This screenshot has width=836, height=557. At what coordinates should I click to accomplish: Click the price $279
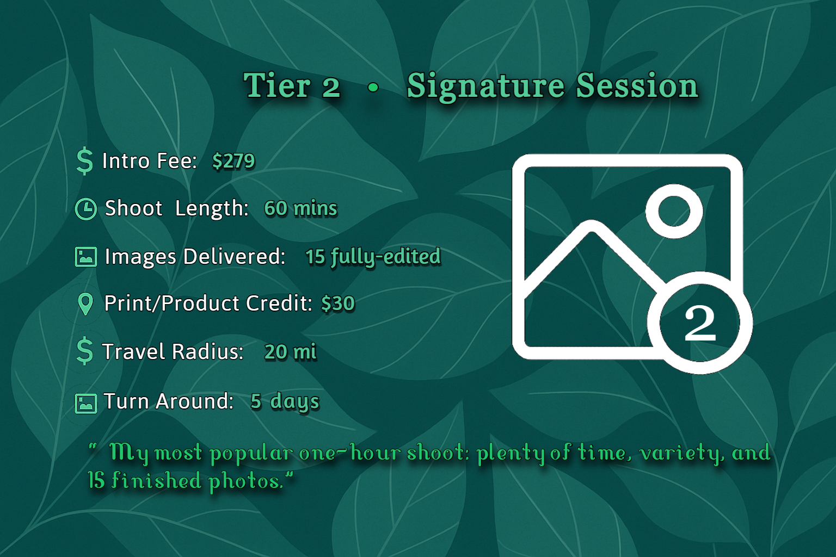point(233,161)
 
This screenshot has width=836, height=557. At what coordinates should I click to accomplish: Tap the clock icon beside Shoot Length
point(85,209)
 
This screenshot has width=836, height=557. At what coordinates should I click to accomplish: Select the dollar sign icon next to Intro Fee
point(84,161)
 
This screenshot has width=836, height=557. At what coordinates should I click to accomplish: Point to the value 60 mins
point(300,208)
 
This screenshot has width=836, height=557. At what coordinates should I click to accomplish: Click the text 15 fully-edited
point(373,257)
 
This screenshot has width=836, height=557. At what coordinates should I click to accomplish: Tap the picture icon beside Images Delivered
point(85,257)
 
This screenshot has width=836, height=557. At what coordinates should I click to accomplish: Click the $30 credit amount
point(338,304)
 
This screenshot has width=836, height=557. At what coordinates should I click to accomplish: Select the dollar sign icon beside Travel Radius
point(84,351)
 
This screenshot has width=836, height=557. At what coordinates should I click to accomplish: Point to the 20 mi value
point(290,352)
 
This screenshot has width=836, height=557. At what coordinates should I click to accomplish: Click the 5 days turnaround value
point(285,401)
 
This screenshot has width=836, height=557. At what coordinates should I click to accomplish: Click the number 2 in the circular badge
point(700,323)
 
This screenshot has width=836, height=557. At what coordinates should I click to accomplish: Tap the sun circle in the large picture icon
point(674,211)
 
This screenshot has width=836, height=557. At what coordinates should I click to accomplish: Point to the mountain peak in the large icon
point(592,228)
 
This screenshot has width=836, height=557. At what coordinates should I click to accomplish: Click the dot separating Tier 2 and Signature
point(373,87)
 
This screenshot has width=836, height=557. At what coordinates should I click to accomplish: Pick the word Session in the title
point(637,86)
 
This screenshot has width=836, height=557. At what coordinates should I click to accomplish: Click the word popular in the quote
point(251,453)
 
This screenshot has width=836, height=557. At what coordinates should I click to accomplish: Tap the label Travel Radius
point(173,352)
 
